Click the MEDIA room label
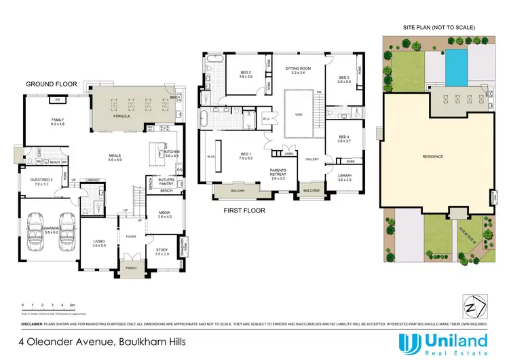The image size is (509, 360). [x=164, y=214]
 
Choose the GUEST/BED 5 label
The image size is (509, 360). [x=40, y=181]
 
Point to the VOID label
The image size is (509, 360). [x=299, y=115]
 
